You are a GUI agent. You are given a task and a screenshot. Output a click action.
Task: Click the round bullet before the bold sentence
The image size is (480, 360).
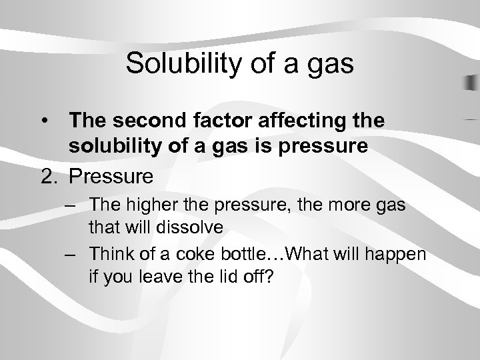click(43, 122)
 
